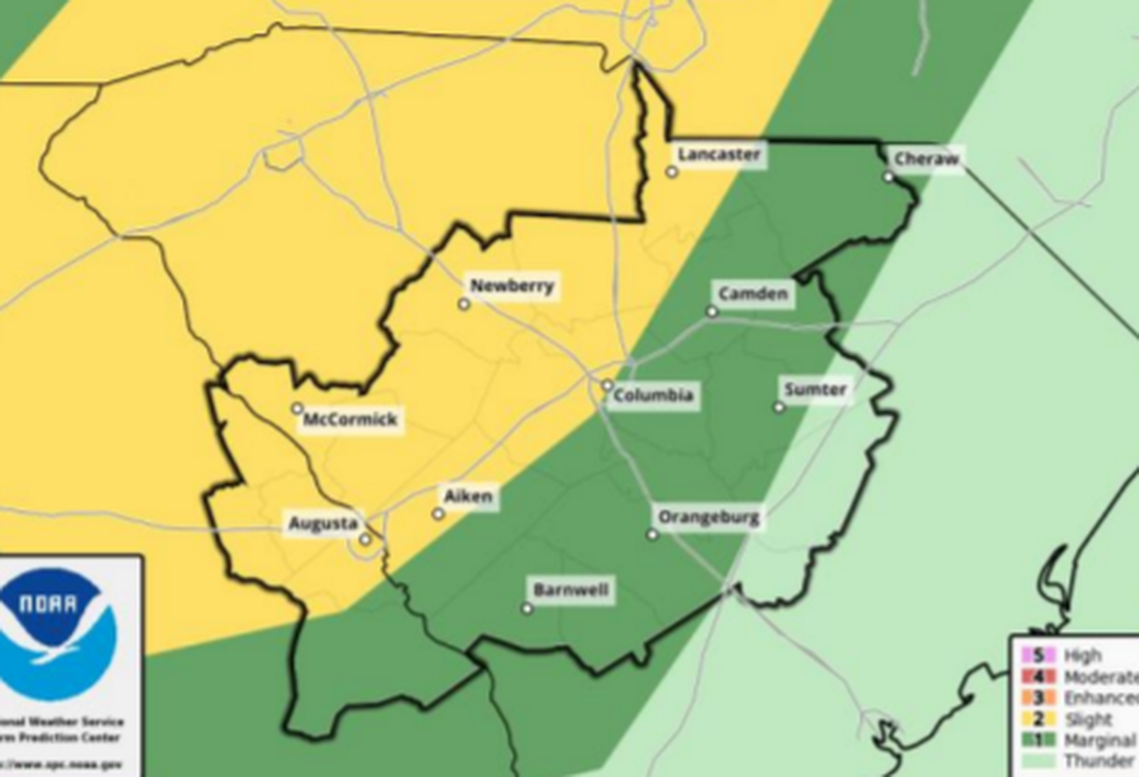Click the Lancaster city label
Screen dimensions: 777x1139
point(718,155)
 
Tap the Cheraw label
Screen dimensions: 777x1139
point(926,159)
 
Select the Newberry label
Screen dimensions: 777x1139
point(512,287)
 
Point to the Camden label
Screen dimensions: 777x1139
point(754,294)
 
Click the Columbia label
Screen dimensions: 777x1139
point(652,395)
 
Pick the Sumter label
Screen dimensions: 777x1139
point(815,389)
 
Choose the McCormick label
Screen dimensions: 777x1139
point(350,419)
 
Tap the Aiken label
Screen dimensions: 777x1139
point(470,496)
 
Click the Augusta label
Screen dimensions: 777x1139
point(322,523)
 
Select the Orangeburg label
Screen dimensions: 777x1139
point(708,517)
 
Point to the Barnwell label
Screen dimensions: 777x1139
point(570,589)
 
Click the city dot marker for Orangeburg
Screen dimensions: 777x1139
point(652,535)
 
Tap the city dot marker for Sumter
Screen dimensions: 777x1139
point(779,407)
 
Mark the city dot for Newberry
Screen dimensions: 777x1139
point(464,305)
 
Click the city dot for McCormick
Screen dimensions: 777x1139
point(297,408)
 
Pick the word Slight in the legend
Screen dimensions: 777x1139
point(1087,719)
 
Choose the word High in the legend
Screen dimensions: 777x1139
point(1082,656)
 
